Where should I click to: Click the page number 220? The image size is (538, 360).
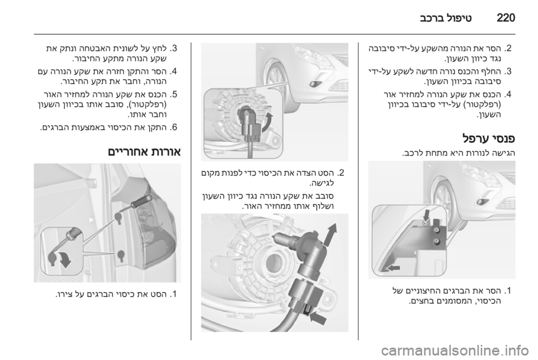(x=505, y=17)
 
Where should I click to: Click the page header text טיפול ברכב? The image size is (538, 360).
(x=446, y=18)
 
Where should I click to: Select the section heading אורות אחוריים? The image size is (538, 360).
(x=145, y=151)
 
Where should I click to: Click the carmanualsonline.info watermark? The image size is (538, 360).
(x=456, y=350)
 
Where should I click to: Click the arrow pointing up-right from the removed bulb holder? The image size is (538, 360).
(x=331, y=234)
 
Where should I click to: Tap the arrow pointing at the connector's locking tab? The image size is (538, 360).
(x=318, y=318)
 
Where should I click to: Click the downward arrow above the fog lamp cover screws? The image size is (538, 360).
(x=426, y=216)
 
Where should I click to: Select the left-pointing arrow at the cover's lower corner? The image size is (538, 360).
(x=394, y=267)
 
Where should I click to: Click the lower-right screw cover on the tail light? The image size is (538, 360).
(x=121, y=255)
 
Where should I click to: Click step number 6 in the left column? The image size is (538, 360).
(x=174, y=128)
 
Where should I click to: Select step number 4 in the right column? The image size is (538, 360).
(x=508, y=94)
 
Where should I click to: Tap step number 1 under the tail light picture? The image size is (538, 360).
(x=174, y=294)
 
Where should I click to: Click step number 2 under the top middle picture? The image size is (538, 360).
(x=340, y=173)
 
